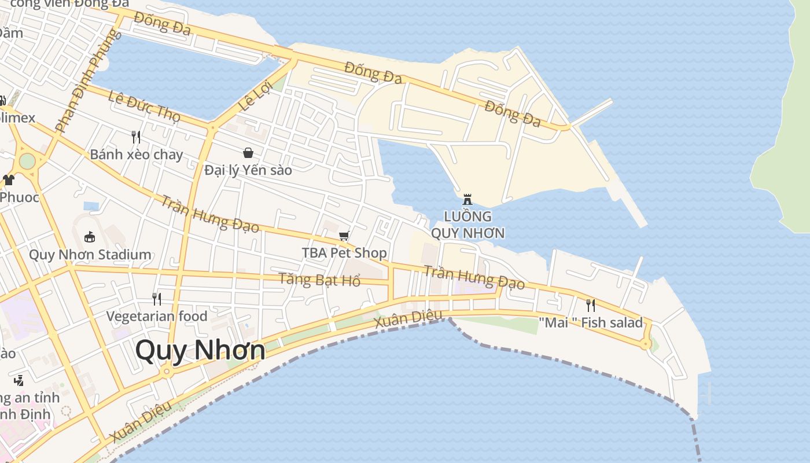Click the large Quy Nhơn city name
coord(200,351)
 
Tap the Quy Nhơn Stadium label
coord(90,255)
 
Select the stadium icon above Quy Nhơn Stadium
coord(90,237)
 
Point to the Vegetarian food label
coord(157,316)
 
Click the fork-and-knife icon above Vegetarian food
coord(157,299)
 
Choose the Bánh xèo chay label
coord(137,155)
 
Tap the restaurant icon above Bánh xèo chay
coord(136,137)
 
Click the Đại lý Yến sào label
coord(248,170)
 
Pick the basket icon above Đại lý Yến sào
coord(248,153)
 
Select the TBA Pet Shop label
coord(344,253)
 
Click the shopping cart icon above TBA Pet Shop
coord(344,236)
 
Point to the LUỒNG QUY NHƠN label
coord(467,225)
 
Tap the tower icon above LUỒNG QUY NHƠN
coord(467,200)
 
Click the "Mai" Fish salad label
coord(591,322)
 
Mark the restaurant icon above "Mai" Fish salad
coord(591,305)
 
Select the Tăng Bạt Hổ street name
coord(319,280)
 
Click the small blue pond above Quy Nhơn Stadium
coord(91,205)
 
